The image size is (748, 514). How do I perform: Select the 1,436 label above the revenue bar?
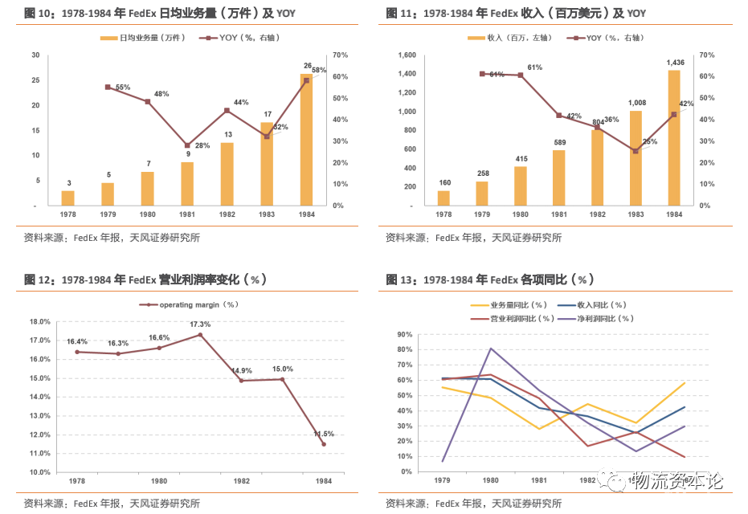point(674,63)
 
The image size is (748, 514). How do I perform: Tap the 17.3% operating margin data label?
point(200,324)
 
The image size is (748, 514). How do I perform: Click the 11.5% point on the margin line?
point(324,444)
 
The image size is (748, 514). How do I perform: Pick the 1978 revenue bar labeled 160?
point(443,198)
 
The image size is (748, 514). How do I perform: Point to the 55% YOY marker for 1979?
point(108,87)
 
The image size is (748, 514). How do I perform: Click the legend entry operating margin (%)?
point(192,304)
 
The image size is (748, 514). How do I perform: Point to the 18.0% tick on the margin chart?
point(40,321)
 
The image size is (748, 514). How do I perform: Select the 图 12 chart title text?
point(145,279)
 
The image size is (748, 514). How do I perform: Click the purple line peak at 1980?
point(491,349)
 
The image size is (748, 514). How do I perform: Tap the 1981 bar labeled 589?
point(558,177)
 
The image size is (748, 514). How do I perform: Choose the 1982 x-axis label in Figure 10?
point(227,215)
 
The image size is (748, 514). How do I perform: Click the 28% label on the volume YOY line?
point(202,145)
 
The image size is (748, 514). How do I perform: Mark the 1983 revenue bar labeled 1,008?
point(636,157)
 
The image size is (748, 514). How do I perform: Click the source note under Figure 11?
point(473,238)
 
